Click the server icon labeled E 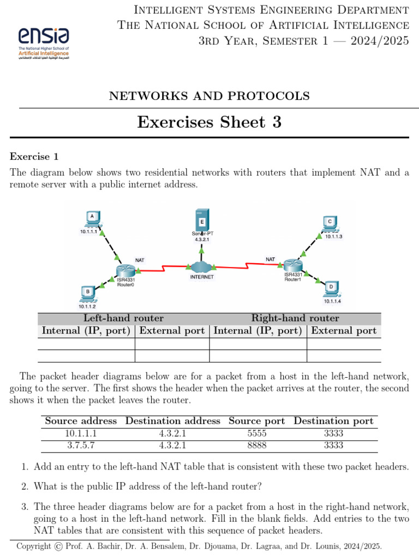click(x=202, y=221)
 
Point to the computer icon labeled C click(x=330, y=223)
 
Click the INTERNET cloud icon click(x=201, y=267)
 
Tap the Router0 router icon click(x=125, y=270)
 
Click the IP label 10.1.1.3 click(x=333, y=236)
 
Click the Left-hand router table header click(x=123, y=318)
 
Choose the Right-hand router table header click(x=295, y=318)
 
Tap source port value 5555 click(x=256, y=433)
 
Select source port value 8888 click(x=256, y=445)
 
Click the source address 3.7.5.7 click(x=81, y=445)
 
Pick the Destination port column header click(x=333, y=421)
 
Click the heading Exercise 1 click(x=34, y=157)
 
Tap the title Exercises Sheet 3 click(x=209, y=122)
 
